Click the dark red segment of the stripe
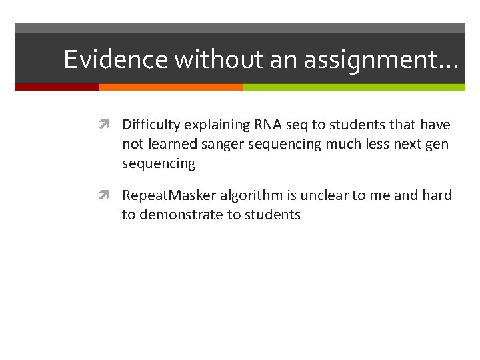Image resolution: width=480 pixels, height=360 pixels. coord(57,87)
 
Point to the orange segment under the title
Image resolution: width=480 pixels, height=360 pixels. coord(170,87)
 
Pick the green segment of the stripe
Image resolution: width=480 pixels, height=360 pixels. coord(353,87)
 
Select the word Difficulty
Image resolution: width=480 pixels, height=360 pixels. coord(151,125)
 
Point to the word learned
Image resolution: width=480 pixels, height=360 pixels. coord(169,144)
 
